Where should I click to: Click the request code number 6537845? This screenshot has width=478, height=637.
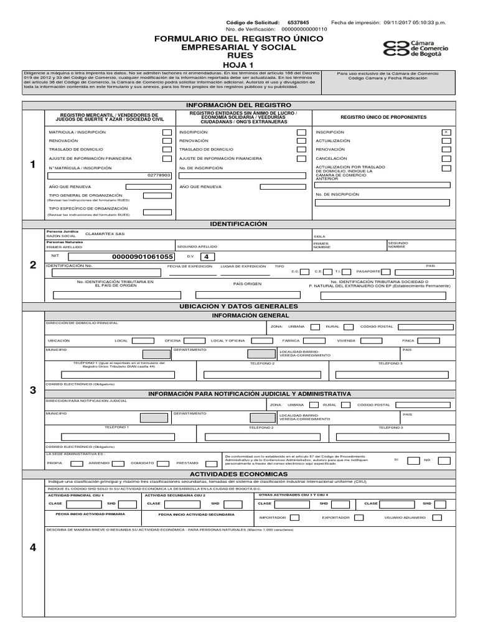coord(298,22)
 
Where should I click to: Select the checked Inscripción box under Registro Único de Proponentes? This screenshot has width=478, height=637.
coord(446,132)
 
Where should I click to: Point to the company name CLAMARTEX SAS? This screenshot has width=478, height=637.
coord(105,235)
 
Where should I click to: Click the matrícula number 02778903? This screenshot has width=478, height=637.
coord(159,175)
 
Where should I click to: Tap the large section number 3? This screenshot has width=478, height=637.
coord(33,390)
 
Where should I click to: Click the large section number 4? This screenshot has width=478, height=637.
coord(33,547)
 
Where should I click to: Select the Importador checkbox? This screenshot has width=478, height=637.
coord(295,518)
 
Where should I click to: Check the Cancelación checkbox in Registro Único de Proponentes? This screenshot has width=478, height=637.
coord(446,158)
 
